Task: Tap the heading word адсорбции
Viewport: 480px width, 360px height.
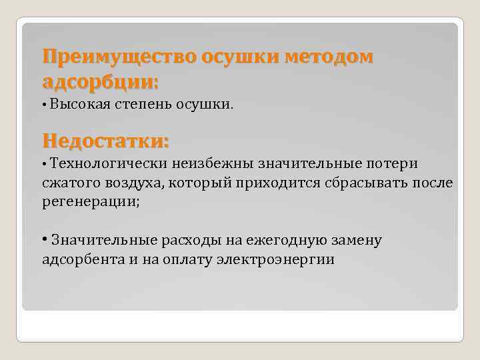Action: pyautogui.click(x=100, y=82)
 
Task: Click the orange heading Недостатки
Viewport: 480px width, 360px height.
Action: pyautogui.click(x=105, y=141)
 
